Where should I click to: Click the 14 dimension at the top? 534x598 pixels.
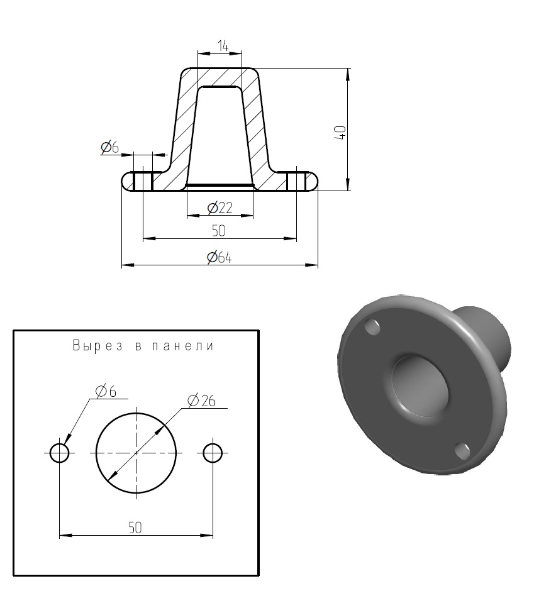pyautogui.click(x=223, y=46)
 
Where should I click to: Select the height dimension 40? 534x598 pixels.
pyautogui.click(x=341, y=132)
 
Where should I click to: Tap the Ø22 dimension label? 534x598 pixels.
pyautogui.click(x=220, y=208)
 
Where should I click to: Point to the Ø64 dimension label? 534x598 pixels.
pyautogui.click(x=220, y=257)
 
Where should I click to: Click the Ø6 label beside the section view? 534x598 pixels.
pyautogui.click(x=110, y=147)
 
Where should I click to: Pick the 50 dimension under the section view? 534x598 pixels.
pyautogui.click(x=219, y=231)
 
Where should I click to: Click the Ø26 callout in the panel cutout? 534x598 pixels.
pyautogui.click(x=202, y=400)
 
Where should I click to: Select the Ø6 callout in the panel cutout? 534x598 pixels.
pyautogui.click(x=106, y=391)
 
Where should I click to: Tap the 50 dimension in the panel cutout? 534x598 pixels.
pyautogui.click(x=135, y=528)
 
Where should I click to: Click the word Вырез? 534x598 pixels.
pyautogui.click(x=97, y=345)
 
